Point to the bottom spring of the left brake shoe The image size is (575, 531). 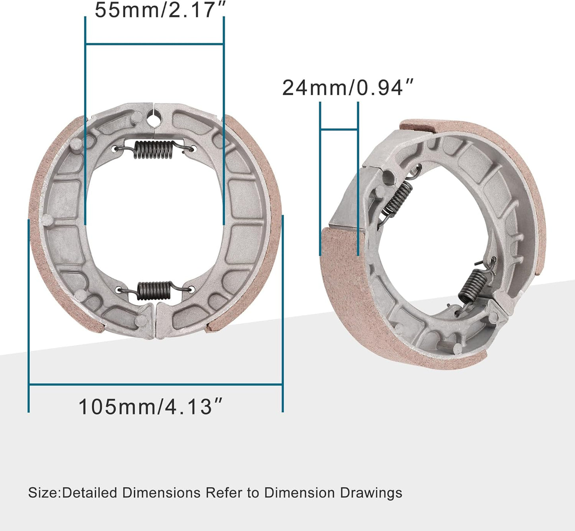coord(154,290)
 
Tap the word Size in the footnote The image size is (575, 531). coord(43,493)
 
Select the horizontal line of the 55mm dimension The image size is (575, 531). coord(155,44)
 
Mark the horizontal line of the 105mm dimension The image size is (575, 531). coord(156,385)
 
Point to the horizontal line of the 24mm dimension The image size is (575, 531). coord(339,129)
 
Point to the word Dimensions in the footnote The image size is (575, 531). coord(161,493)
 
